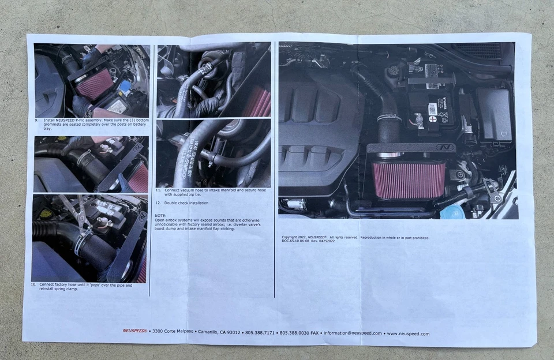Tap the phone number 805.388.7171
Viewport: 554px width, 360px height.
coord(260,333)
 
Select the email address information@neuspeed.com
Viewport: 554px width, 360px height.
coord(352,333)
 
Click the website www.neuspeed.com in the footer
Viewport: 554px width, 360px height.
coord(407,333)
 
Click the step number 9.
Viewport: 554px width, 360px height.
coord(36,120)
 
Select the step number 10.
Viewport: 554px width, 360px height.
coord(33,284)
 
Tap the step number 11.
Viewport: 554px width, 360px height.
coord(158,189)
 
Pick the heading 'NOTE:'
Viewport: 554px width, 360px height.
coord(160,215)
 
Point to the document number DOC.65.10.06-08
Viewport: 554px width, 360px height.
coord(295,241)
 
